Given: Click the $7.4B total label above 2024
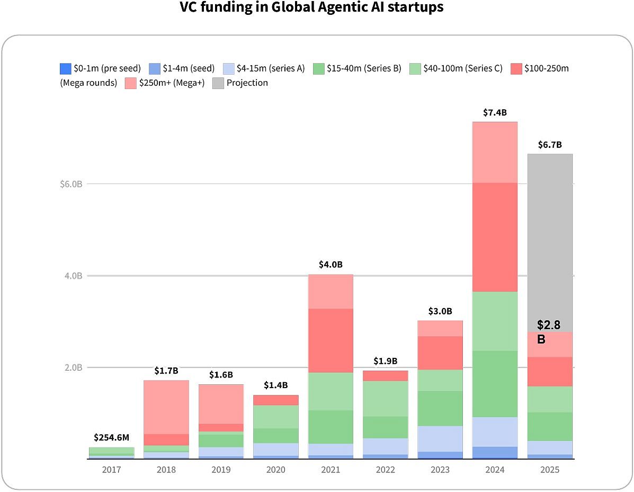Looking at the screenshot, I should (494, 113).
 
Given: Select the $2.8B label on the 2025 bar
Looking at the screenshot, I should (548, 332).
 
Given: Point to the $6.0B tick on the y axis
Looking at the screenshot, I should (71, 184).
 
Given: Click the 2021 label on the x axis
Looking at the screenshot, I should (331, 470).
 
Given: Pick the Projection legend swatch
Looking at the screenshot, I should (218, 83).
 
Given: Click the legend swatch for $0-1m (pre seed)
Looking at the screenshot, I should (66, 68).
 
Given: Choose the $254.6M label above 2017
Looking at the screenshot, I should (111, 438).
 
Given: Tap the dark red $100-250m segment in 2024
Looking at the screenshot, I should (494, 237).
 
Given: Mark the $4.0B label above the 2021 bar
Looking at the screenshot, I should (331, 265).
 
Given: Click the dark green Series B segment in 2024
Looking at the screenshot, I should (494, 384).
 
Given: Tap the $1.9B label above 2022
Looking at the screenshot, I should (386, 362).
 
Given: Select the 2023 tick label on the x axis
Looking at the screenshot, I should (440, 470).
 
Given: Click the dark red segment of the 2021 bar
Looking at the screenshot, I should (331, 340).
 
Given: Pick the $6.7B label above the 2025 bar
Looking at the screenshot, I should (549, 145).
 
